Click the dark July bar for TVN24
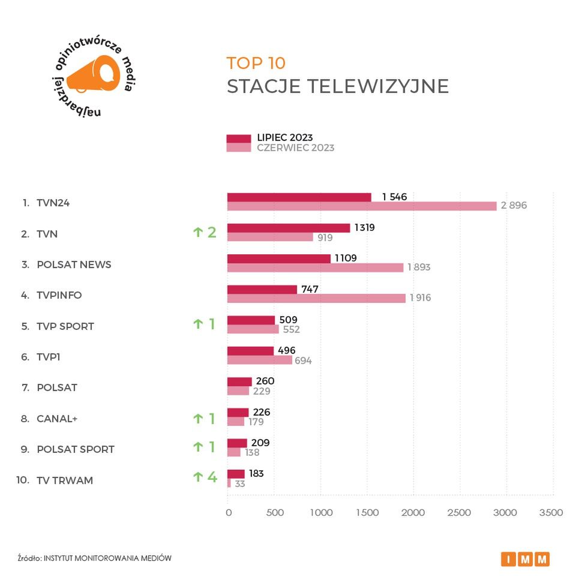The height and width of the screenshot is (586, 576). pyautogui.click(x=299, y=197)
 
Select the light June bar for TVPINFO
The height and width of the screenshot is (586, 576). pyautogui.click(x=316, y=298)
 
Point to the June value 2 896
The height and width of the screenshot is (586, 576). pyautogui.click(x=514, y=206)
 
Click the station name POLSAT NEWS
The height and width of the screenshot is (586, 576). pyautogui.click(x=74, y=265)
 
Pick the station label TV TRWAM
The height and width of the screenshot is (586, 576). pyautogui.click(x=65, y=480)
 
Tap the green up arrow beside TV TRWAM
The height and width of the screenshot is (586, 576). pyautogui.click(x=197, y=477)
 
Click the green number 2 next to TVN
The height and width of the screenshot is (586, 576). pyautogui.click(x=212, y=233)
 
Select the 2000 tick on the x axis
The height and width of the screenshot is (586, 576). pyautogui.click(x=413, y=513)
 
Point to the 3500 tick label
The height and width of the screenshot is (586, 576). pyautogui.click(x=551, y=513)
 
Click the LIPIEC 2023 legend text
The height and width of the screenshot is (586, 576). pyautogui.click(x=285, y=138)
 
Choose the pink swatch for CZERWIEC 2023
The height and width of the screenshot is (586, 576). pyautogui.click(x=239, y=148)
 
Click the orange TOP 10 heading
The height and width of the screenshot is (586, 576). pyautogui.click(x=256, y=63)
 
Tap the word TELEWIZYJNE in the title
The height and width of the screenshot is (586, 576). pyautogui.click(x=378, y=86)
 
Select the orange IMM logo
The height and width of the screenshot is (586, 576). pyautogui.click(x=525, y=559)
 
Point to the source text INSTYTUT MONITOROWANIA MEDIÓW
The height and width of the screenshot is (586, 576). pyautogui.click(x=107, y=558)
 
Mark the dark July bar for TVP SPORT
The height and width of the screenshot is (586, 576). pyautogui.click(x=251, y=320)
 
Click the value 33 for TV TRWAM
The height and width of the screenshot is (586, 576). pyautogui.click(x=240, y=484)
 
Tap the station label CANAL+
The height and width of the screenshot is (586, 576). pyautogui.click(x=57, y=419)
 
